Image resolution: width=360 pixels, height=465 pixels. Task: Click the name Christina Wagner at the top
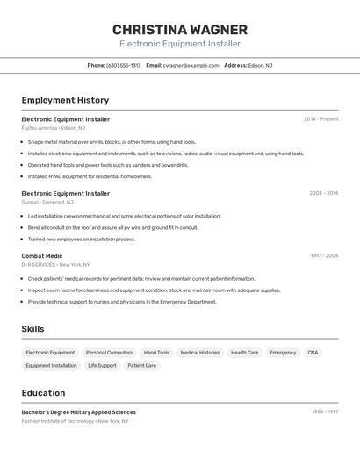(180, 29)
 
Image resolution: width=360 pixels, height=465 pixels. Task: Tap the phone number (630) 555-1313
(123, 65)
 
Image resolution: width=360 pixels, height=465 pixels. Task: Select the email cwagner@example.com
(190, 65)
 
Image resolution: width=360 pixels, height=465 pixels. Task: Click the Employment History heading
(65, 100)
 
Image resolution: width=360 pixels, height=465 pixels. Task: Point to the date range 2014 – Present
(320, 118)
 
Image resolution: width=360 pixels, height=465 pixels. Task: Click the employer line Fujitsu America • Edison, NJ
(54, 128)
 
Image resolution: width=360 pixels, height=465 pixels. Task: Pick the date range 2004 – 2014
(323, 193)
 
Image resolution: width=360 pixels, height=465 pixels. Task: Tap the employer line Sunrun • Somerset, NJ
(47, 202)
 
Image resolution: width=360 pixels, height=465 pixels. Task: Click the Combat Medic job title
(42, 256)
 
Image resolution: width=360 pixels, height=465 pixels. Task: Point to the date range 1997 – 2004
(324, 255)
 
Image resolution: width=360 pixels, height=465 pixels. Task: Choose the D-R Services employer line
(55, 264)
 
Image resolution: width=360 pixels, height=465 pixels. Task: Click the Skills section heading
(33, 329)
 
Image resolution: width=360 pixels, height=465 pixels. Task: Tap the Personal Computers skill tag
(109, 352)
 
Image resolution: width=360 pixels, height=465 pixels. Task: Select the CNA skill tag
(313, 352)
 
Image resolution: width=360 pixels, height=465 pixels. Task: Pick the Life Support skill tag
(102, 365)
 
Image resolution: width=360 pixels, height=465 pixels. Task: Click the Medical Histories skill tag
(200, 352)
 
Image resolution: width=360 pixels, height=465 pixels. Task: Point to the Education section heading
(43, 393)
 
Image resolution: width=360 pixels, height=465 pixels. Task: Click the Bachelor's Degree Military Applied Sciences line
(79, 411)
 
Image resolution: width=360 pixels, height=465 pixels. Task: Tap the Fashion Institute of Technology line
(75, 421)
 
